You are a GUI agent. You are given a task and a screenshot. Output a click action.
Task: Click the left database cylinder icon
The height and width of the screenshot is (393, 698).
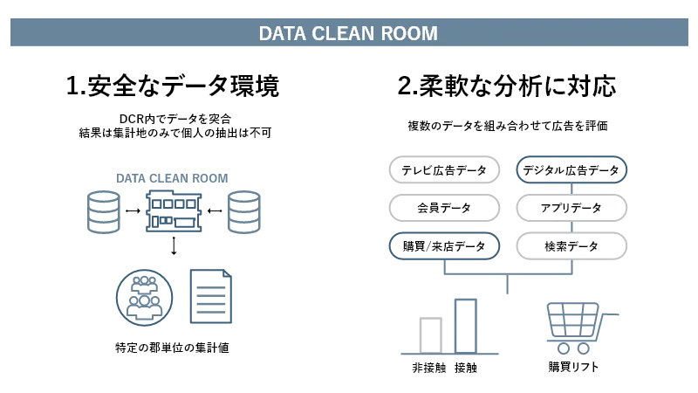[103, 212]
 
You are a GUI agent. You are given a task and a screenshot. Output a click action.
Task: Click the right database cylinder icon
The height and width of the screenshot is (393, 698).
[243, 212]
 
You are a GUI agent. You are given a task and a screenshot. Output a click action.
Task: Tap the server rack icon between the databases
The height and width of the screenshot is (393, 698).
[172, 212]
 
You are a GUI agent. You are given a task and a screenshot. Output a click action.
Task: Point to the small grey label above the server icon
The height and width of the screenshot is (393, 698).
[171, 177]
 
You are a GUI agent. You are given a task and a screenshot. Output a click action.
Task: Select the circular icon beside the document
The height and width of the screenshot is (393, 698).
[143, 297]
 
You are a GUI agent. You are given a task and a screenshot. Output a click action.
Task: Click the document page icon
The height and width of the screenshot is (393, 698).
[212, 297]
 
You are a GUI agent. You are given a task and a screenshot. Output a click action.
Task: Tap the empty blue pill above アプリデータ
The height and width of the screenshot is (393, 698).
[571, 169]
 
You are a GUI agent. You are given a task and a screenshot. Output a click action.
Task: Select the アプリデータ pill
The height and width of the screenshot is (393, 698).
[571, 208]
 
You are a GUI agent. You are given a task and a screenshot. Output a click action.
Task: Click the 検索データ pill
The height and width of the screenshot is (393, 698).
[571, 246]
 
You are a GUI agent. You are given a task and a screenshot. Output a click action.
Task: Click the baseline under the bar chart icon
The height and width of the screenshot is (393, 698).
[450, 353]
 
